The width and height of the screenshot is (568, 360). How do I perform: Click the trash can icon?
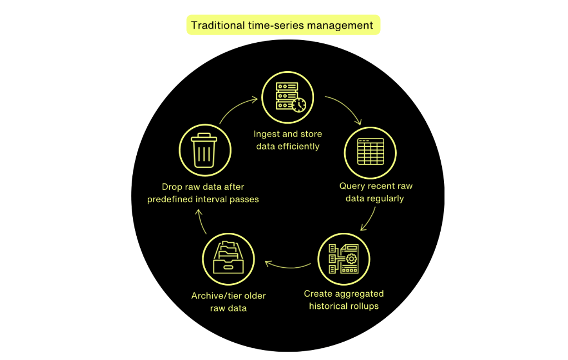click(204, 149)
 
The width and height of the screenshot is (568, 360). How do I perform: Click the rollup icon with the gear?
click(343, 258)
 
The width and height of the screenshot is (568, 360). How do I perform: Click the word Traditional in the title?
click(218, 25)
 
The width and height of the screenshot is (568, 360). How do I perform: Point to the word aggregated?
click(356, 293)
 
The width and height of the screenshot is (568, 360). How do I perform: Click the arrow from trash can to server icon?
click(236, 107)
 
